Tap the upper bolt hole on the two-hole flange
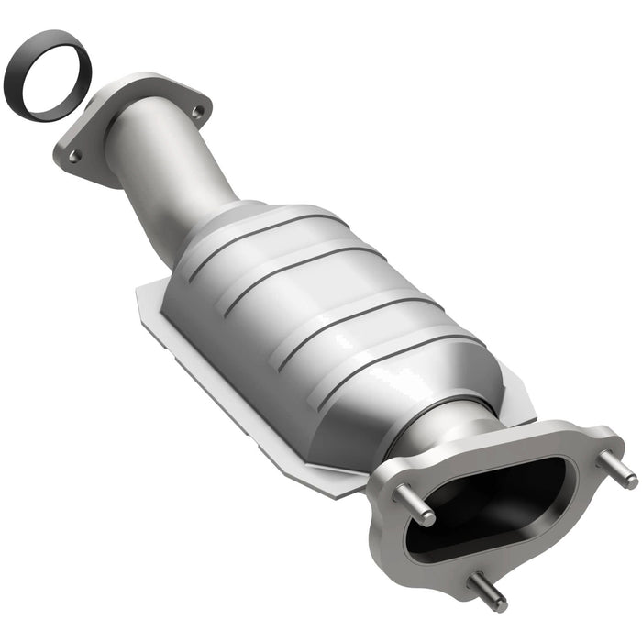tap(196, 111)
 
